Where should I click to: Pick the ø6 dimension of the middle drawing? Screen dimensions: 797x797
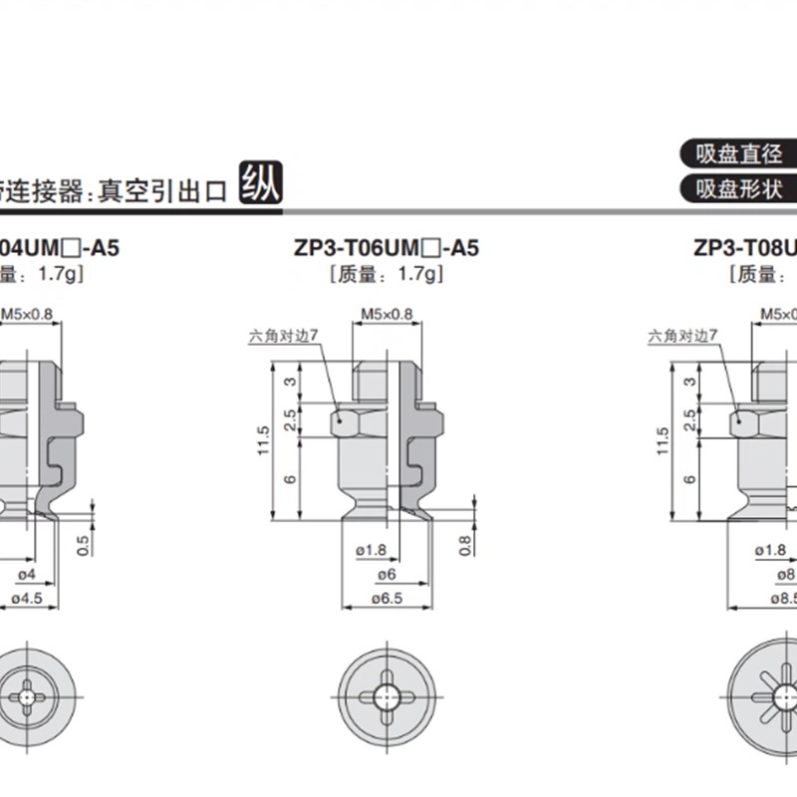coord(387,575)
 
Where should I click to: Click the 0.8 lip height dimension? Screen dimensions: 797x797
coord(465,545)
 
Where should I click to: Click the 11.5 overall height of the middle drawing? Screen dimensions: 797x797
coord(263,440)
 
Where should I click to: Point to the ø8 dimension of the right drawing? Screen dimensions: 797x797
coord(786,575)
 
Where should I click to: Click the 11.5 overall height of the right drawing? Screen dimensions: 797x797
coord(662,440)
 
